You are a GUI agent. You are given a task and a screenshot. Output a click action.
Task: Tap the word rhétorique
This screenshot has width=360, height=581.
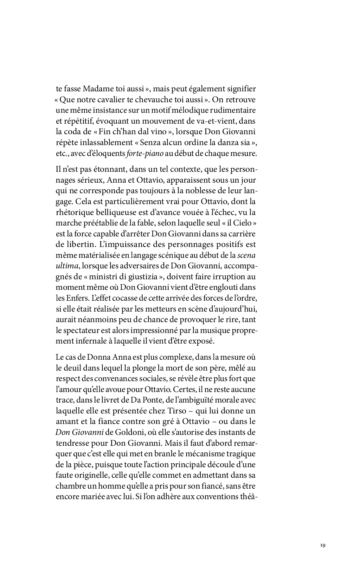click(x=74, y=212)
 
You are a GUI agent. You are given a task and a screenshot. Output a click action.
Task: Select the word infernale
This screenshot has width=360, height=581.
click(x=96, y=341)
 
